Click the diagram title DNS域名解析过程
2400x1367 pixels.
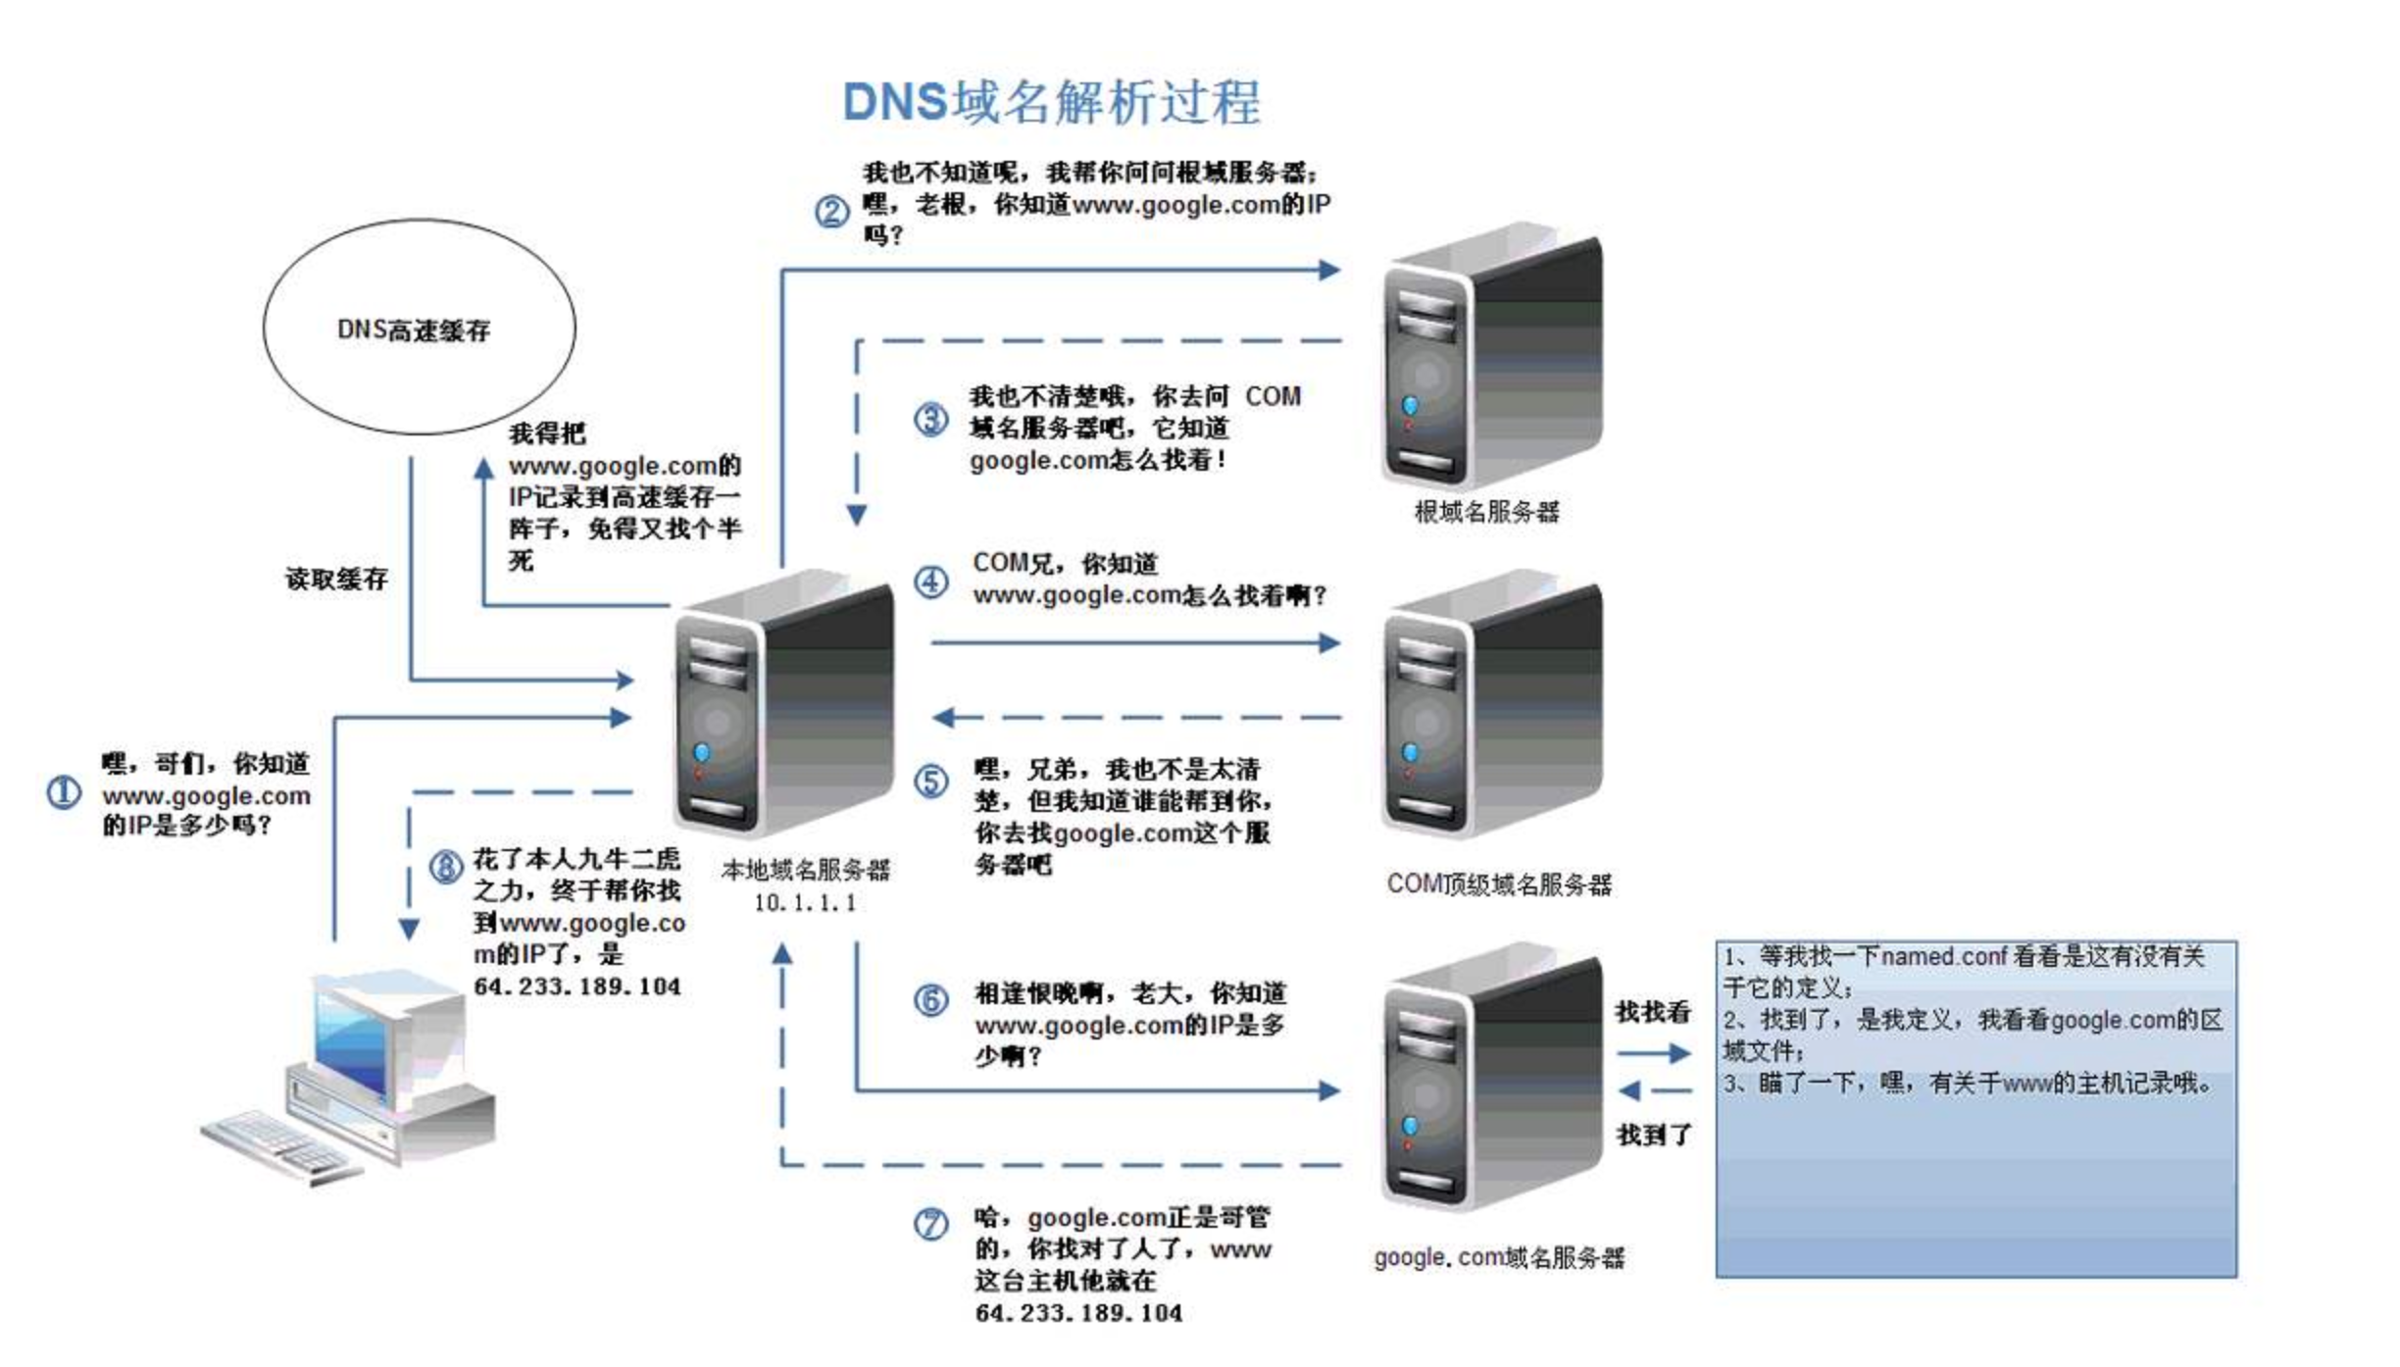click(1051, 102)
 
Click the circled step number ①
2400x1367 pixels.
click(65, 792)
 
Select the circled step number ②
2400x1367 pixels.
click(832, 211)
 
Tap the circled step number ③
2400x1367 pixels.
click(930, 420)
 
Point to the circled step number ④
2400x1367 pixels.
click(930, 582)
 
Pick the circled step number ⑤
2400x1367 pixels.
click(930, 782)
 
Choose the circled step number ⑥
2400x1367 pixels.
click(930, 1000)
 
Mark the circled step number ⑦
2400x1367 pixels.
click(930, 1224)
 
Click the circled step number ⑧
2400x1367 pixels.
click(447, 867)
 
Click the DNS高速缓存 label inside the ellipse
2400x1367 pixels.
click(413, 330)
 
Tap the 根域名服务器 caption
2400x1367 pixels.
click(1486, 512)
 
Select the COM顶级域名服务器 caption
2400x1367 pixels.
click(1498, 885)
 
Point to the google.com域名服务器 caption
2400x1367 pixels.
click(1498, 1257)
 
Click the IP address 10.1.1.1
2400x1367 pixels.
click(804, 903)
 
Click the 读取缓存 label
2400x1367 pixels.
click(336, 580)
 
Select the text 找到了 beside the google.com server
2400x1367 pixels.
click(1653, 1136)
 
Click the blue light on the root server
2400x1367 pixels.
click(1410, 405)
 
